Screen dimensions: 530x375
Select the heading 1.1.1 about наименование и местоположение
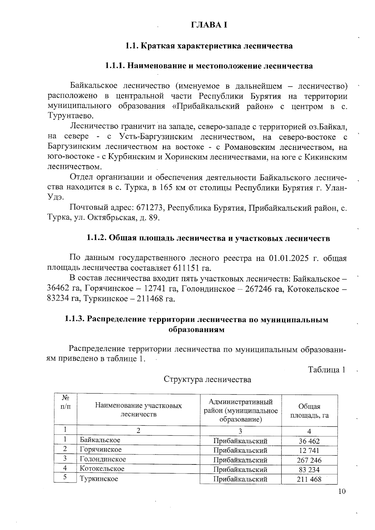click(x=209, y=66)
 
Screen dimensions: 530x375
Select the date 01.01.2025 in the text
click(x=292, y=258)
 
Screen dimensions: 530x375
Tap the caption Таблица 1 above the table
click(x=327, y=370)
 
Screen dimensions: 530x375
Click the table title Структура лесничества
click(x=207, y=380)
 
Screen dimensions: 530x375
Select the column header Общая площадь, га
click(x=309, y=411)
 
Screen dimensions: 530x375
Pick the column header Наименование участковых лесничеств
click(x=138, y=410)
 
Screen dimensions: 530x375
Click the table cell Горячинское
click(x=101, y=449)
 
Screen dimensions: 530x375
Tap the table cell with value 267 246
click(x=309, y=460)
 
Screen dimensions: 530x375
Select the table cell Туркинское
click(x=99, y=478)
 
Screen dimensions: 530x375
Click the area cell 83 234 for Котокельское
click(x=309, y=469)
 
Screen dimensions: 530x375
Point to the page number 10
click(x=342, y=492)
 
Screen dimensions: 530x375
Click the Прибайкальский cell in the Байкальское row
click(x=240, y=441)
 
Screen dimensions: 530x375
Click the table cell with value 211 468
click(x=309, y=479)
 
